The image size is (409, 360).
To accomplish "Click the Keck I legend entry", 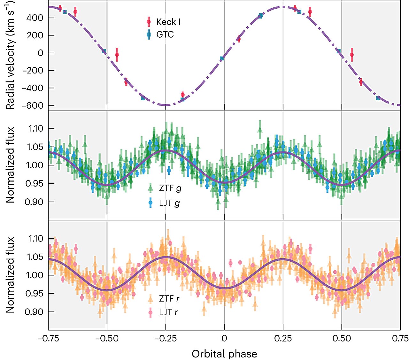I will [168, 22].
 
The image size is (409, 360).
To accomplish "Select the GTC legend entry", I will [165, 34].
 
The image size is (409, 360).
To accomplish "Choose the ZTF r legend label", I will [169, 299].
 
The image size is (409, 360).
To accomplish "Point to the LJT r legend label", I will [168, 312].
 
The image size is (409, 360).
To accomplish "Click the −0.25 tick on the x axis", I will [165, 338].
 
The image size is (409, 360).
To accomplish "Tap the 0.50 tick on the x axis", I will [342, 338].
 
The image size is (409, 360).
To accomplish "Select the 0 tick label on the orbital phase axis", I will [224, 338].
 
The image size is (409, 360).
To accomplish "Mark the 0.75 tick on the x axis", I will [400, 338].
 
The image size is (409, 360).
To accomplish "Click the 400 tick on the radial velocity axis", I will [35, 18].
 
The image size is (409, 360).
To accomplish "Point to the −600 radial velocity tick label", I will [32, 106].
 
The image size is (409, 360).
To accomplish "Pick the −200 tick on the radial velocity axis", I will [32, 71].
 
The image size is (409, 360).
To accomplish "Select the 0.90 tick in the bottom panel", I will [34, 312].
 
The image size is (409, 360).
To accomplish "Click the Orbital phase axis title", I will [224, 354].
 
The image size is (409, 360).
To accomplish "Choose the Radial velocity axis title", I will [11, 56].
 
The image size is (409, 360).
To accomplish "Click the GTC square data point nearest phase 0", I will [222, 58].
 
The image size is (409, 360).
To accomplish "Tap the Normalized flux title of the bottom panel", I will [11, 275].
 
